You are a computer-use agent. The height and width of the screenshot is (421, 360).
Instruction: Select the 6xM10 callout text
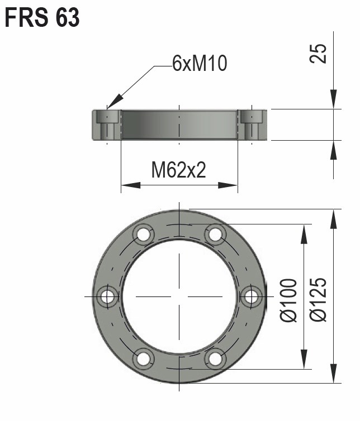pyautogui.click(x=199, y=64)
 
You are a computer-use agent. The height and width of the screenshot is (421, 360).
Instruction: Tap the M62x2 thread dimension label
pyautogui.click(x=179, y=170)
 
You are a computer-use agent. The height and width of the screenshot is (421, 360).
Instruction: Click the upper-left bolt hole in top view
pyautogui.click(x=143, y=235)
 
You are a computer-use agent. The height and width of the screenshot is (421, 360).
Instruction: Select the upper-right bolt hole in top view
pyautogui.click(x=215, y=235)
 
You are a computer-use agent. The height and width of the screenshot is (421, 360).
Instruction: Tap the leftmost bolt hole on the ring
pyautogui.click(x=107, y=296)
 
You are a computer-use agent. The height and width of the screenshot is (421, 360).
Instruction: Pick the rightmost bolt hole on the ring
pyautogui.click(x=250, y=296)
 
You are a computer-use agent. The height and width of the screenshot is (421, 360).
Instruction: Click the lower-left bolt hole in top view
pyautogui.click(x=143, y=358)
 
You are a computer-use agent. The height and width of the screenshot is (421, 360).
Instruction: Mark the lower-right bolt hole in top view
pyautogui.click(x=215, y=358)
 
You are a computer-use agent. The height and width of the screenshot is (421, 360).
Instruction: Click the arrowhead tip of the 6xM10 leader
pyautogui.click(x=108, y=107)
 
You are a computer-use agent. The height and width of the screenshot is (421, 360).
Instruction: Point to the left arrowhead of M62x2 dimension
pyautogui.click(x=123, y=185)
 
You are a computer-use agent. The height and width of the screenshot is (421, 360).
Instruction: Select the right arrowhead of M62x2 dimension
pyautogui.click(x=236, y=185)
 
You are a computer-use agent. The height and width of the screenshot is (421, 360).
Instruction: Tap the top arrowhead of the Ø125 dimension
pyautogui.click(x=334, y=212)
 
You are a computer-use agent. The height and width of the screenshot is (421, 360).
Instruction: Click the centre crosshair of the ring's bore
pyautogui.click(x=179, y=296)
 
